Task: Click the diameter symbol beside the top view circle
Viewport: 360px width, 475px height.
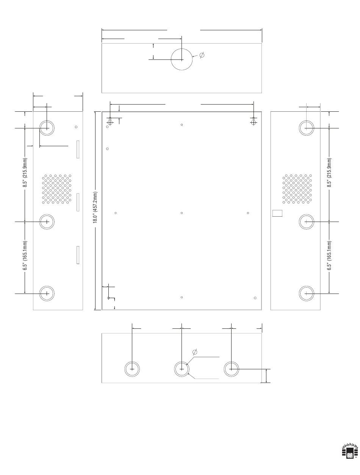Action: click(202, 55)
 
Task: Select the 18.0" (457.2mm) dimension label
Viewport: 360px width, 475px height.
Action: click(95, 208)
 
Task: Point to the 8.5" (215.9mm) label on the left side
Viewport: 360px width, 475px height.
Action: click(25, 173)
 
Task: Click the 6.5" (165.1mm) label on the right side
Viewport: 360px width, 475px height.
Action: click(329, 256)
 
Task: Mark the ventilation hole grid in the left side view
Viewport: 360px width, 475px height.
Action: click(56, 189)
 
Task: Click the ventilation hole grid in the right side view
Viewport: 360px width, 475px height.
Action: click(297, 189)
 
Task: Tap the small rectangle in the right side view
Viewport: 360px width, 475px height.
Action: click(277, 213)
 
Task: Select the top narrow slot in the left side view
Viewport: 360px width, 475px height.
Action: click(78, 149)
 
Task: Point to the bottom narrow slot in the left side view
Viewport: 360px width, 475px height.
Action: click(78, 255)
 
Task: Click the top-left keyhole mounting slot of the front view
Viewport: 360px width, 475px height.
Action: click(110, 121)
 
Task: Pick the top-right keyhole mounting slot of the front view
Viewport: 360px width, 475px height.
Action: click(254, 121)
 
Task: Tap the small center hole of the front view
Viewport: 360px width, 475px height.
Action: click(182, 213)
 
